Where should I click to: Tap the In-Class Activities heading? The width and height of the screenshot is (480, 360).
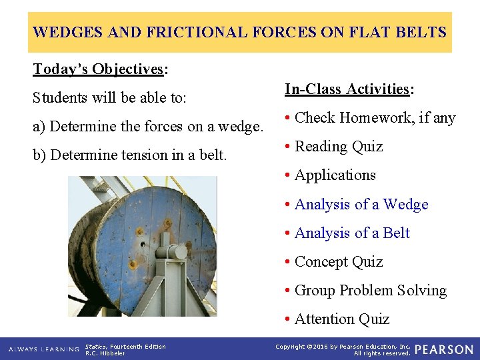tap(349, 89)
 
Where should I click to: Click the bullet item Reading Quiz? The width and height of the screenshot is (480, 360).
tap(339, 147)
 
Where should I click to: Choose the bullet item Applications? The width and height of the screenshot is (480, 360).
tap(335, 175)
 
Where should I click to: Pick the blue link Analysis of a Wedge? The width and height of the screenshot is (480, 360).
tap(361, 205)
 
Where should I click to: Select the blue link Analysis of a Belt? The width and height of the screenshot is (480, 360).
tap(352, 233)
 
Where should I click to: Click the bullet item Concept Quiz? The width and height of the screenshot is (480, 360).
tap(339, 262)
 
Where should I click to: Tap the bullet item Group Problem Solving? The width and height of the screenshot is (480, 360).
tap(370, 291)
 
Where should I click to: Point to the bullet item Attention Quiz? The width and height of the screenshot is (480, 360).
tap(341, 319)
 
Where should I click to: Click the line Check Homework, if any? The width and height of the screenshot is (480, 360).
tap(375, 118)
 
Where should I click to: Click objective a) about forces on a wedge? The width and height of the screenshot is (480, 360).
tap(147, 126)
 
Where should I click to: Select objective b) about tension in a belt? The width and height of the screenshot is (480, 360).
tap(130, 155)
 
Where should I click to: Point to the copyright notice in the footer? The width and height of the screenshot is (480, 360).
tap(343, 349)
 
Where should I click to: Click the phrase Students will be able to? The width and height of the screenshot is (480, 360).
tap(109, 98)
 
